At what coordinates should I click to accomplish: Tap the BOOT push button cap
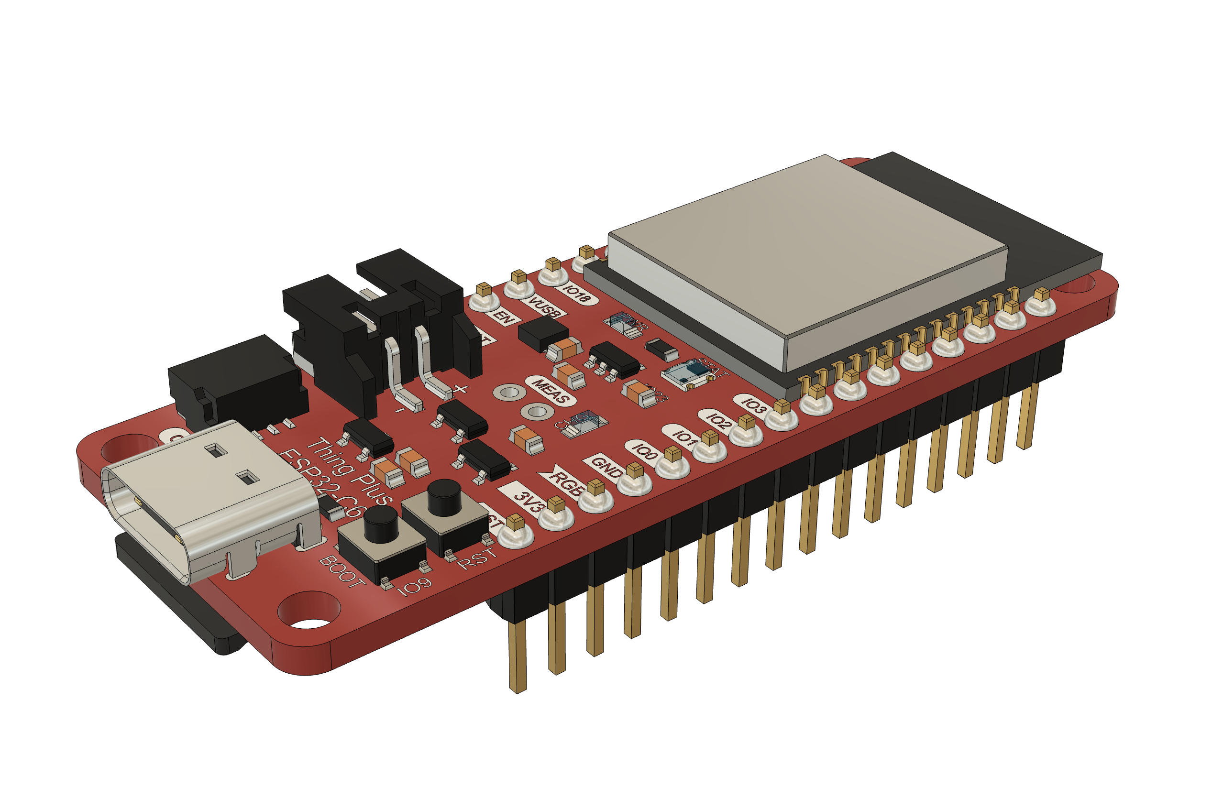click(380, 523)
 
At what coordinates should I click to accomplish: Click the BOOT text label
click(342, 571)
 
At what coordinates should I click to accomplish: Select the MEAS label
click(551, 391)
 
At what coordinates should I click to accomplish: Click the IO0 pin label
click(645, 451)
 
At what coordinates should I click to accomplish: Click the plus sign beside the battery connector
click(461, 389)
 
